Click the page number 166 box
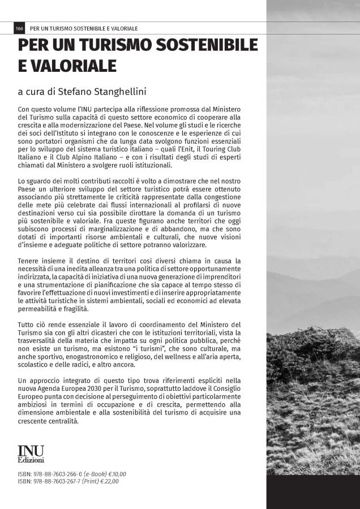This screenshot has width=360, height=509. (19, 28)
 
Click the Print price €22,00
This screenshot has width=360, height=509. (111, 481)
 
